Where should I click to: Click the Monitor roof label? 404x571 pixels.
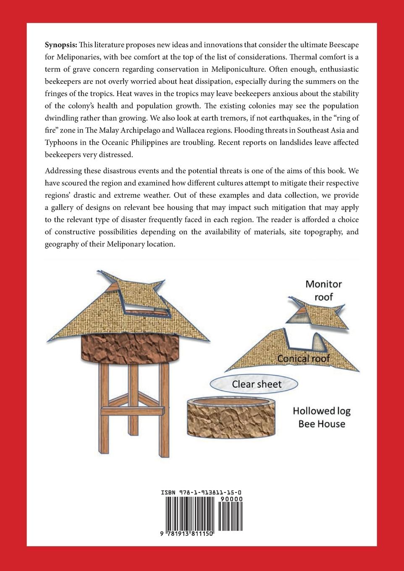coord(323,291)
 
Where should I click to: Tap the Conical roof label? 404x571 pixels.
coord(303,359)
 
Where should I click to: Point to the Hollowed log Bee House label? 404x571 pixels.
coord(322,417)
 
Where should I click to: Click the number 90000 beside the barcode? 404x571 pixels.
coord(231,499)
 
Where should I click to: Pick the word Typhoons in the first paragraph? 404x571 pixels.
coord(61,142)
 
